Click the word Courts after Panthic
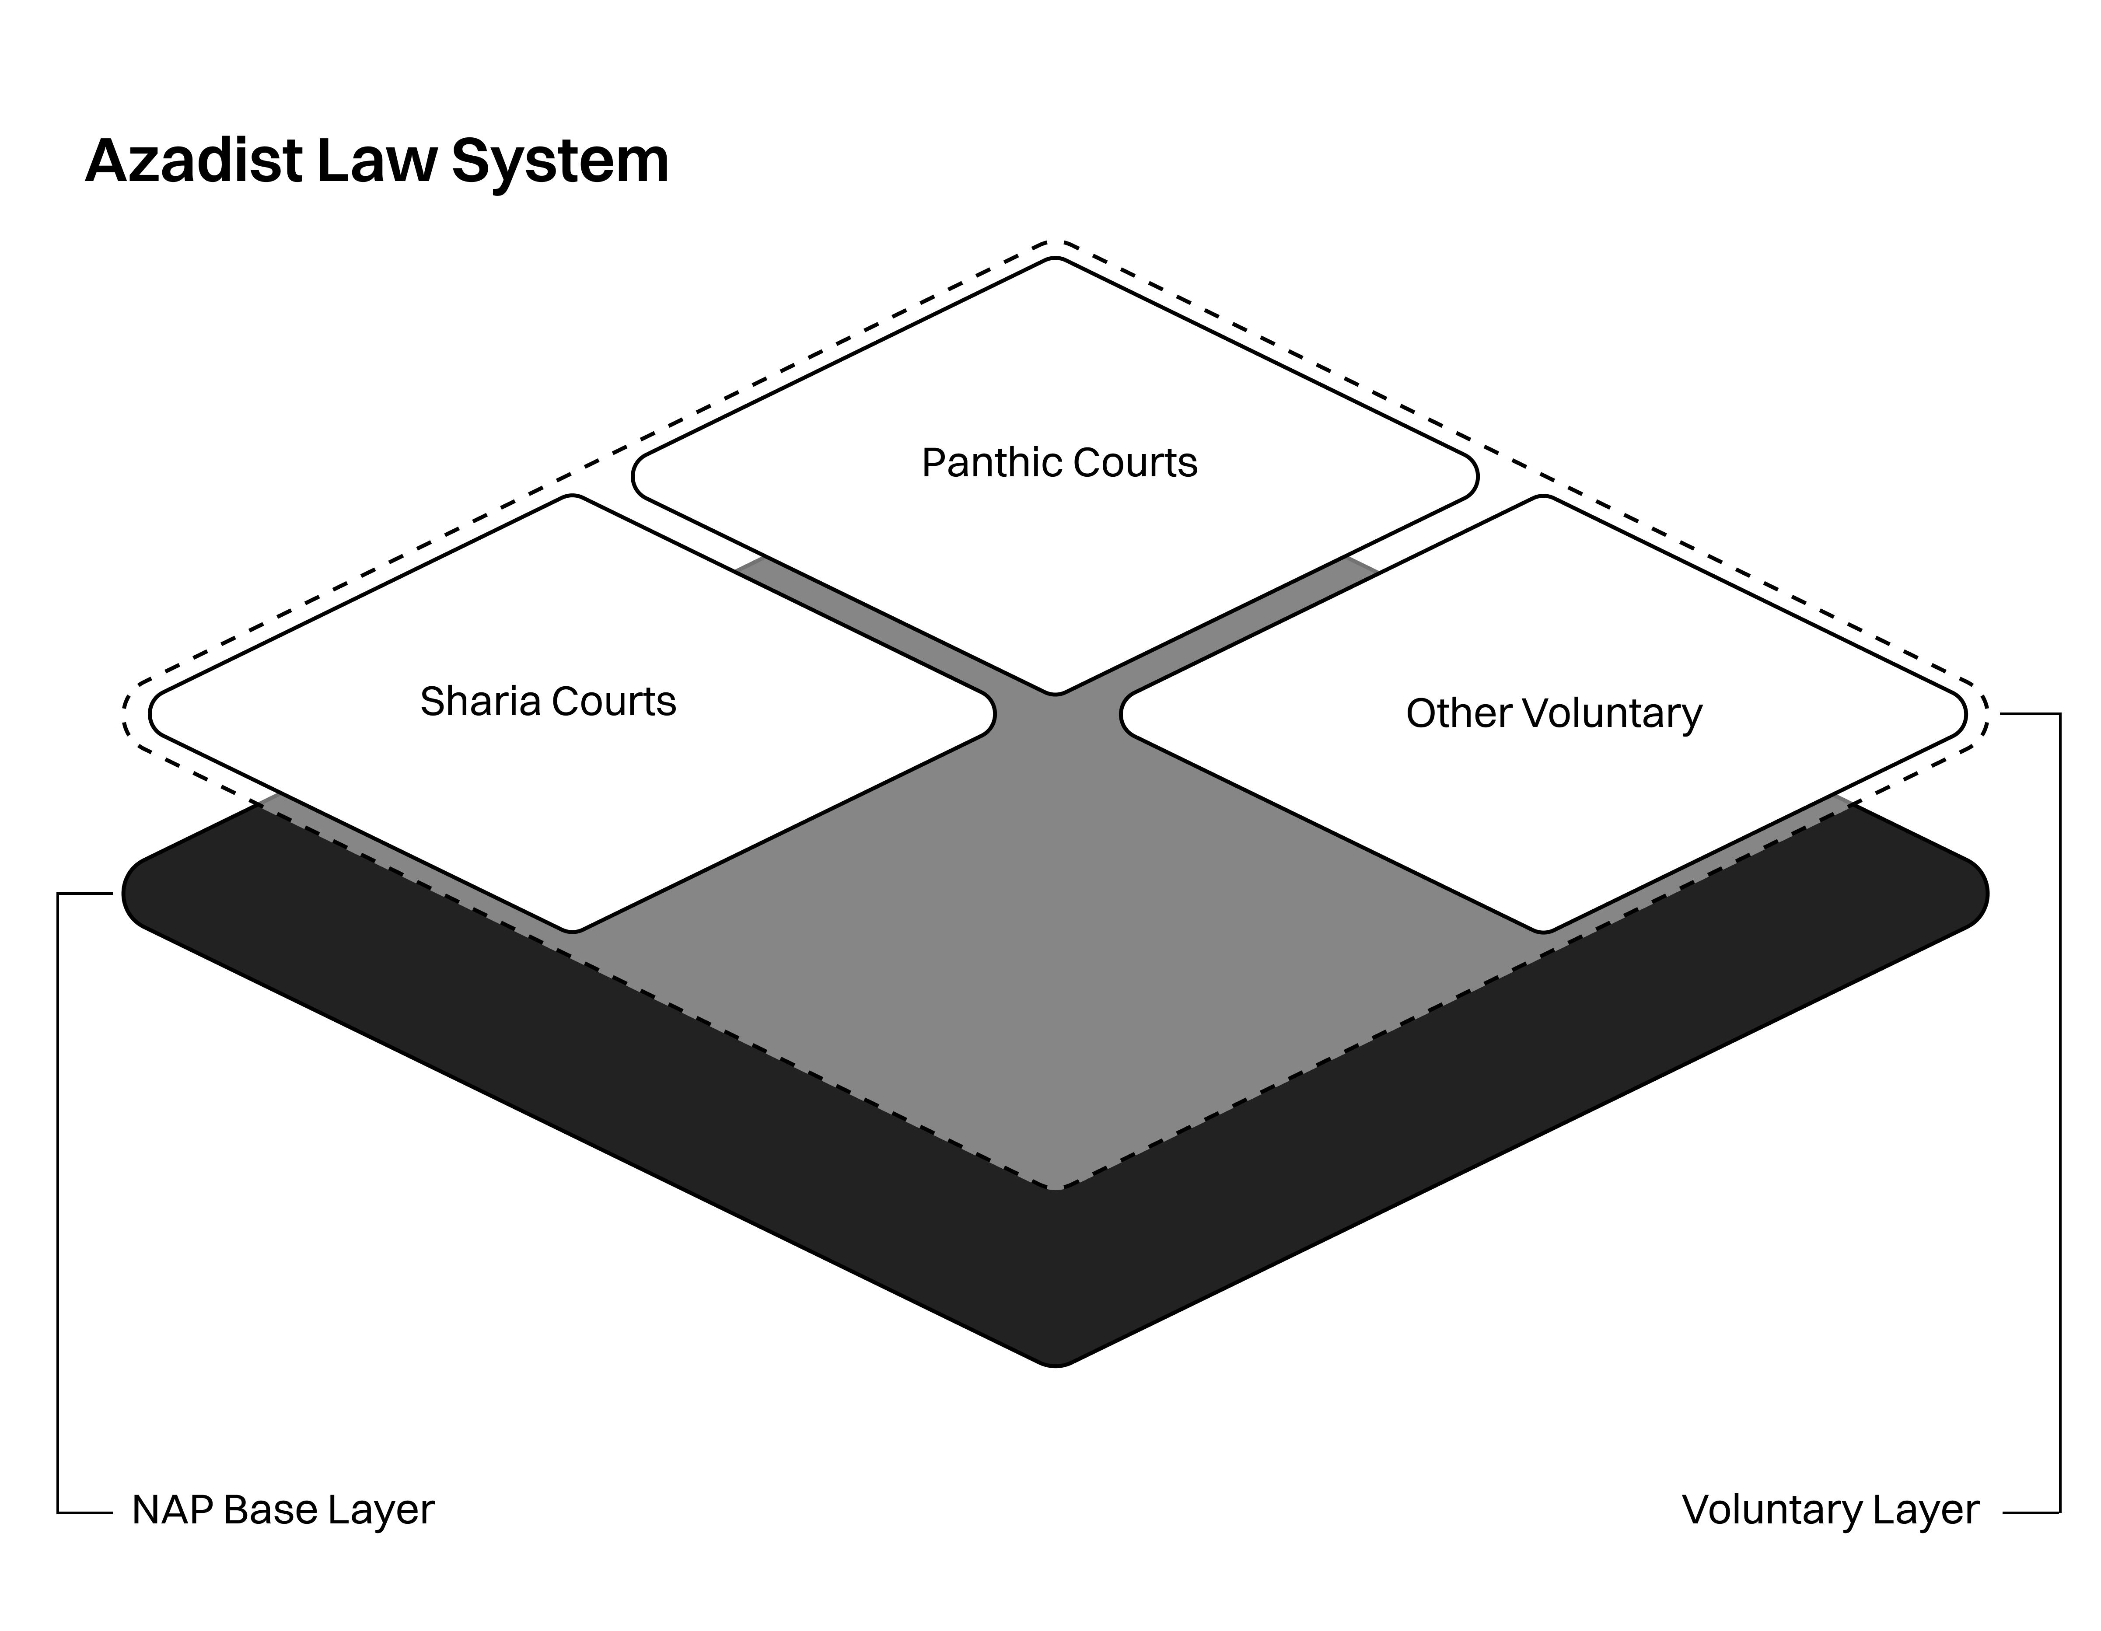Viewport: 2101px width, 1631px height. click(1135, 464)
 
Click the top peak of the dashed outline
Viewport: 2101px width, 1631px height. click(1055, 242)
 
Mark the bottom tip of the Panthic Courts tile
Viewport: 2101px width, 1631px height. click(1055, 692)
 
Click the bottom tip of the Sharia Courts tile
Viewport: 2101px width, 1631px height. click(573, 930)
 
